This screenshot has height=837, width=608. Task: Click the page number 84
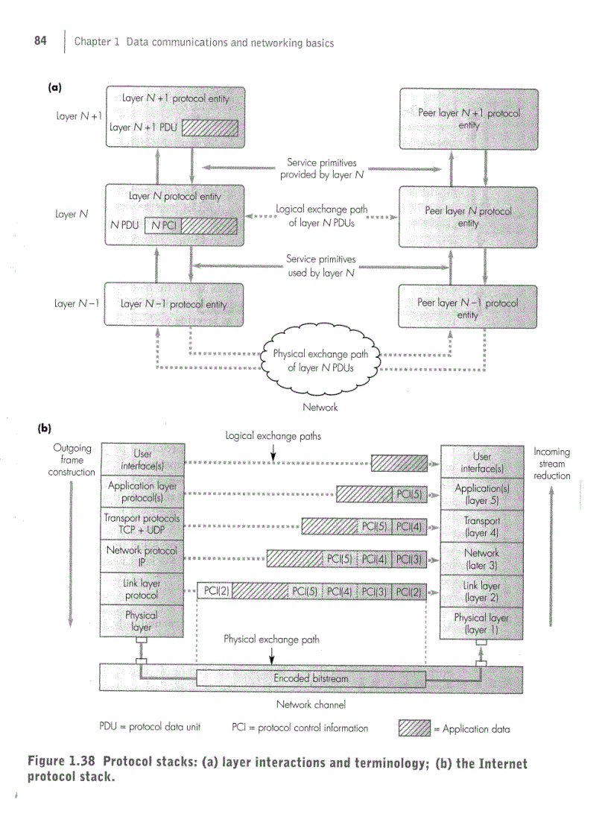pyautogui.click(x=40, y=42)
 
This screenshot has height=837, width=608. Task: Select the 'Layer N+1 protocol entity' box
pyautogui.click(x=176, y=116)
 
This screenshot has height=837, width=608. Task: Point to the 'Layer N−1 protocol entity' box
pyautogui.click(x=174, y=304)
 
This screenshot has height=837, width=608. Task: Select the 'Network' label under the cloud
pyautogui.click(x=320, y=407)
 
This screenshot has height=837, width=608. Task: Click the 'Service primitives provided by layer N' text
pyautogui.click(x=321, y=168)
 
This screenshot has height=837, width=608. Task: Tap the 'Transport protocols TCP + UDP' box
pyautogui.click(x=142, y=524)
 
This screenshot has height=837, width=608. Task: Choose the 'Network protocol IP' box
pyautogui.click(x=142, y=556)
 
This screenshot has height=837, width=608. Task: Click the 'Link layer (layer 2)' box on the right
pyautogui.click(x=481, y=591)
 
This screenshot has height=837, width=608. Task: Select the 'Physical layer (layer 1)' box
pyautogui.click(x=481, y=623)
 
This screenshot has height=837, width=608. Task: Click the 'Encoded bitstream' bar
pyautogui.click(x=311, y=678)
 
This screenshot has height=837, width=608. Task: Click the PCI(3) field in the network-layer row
pyautogui.click(x=409, y=559)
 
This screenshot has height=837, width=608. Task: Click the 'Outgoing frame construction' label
pyautogui.click(x=72, y=460)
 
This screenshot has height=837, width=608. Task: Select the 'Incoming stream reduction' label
pyautogui.click(x=551, y=464)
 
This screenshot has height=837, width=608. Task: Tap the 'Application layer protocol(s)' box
pyautogui.click(x=142, y=492)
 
